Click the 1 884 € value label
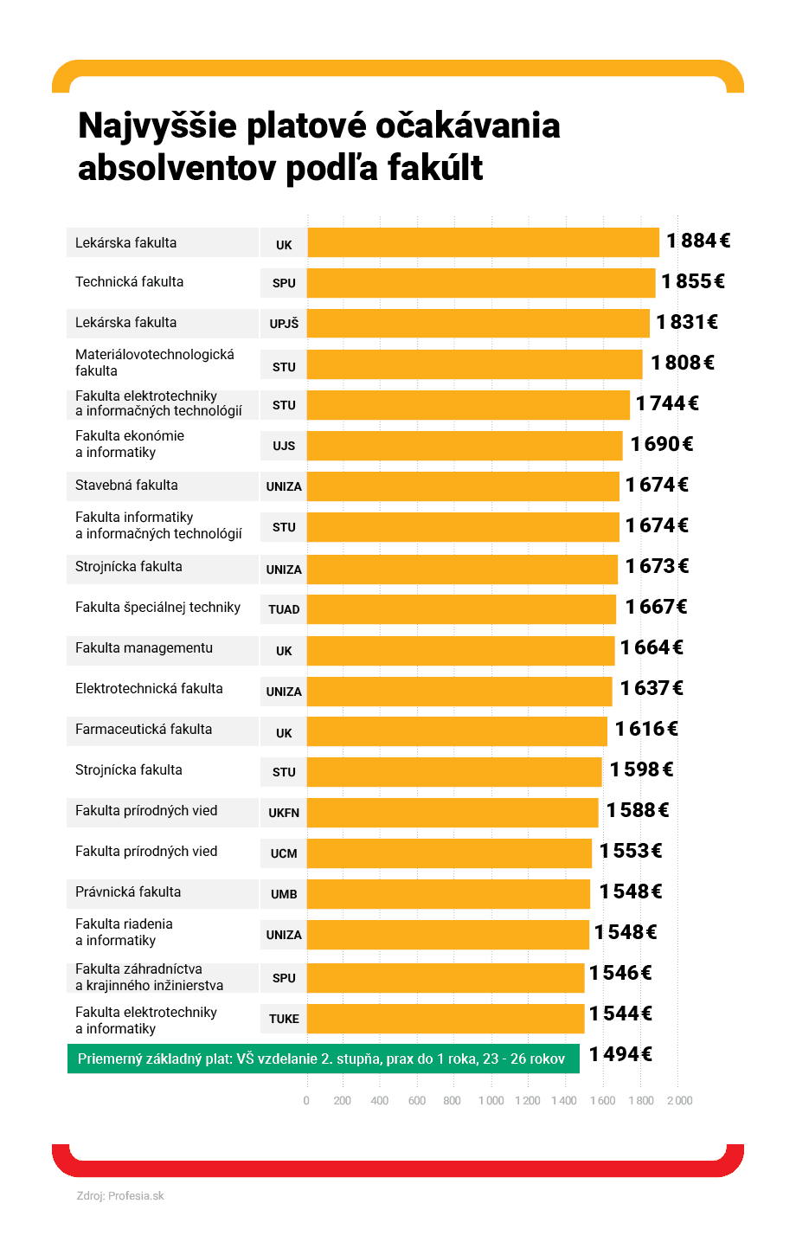click(697, 241)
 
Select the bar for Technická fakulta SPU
click(481, 283)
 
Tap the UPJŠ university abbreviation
click(284, 324)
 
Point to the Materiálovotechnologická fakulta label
click(154, 363)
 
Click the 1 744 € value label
click(667, 403)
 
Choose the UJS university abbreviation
click(284, 446)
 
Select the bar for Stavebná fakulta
click(463, 486)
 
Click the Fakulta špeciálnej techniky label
click(157, 608)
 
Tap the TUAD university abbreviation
click(284, 609)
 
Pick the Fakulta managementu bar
click(460, 650)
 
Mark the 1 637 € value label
click(652, 688)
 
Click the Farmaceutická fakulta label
click(144, 730)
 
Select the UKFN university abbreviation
click(284, 813)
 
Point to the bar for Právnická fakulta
click(448, 894)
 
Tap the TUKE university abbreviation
click(284, 1019)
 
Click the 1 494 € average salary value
click(620, 1054)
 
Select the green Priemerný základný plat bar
click(323, 1059)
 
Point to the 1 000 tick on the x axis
click(491, 1101)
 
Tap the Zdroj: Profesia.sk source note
click(120, 1196)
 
